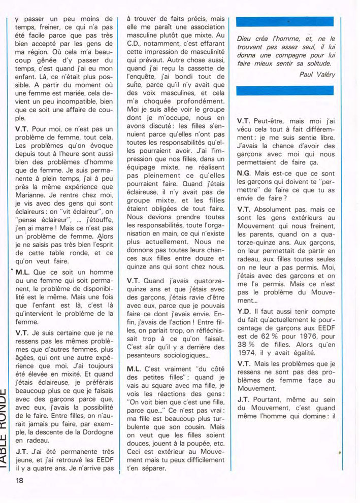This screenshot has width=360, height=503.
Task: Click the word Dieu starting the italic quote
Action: coord(245,39)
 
